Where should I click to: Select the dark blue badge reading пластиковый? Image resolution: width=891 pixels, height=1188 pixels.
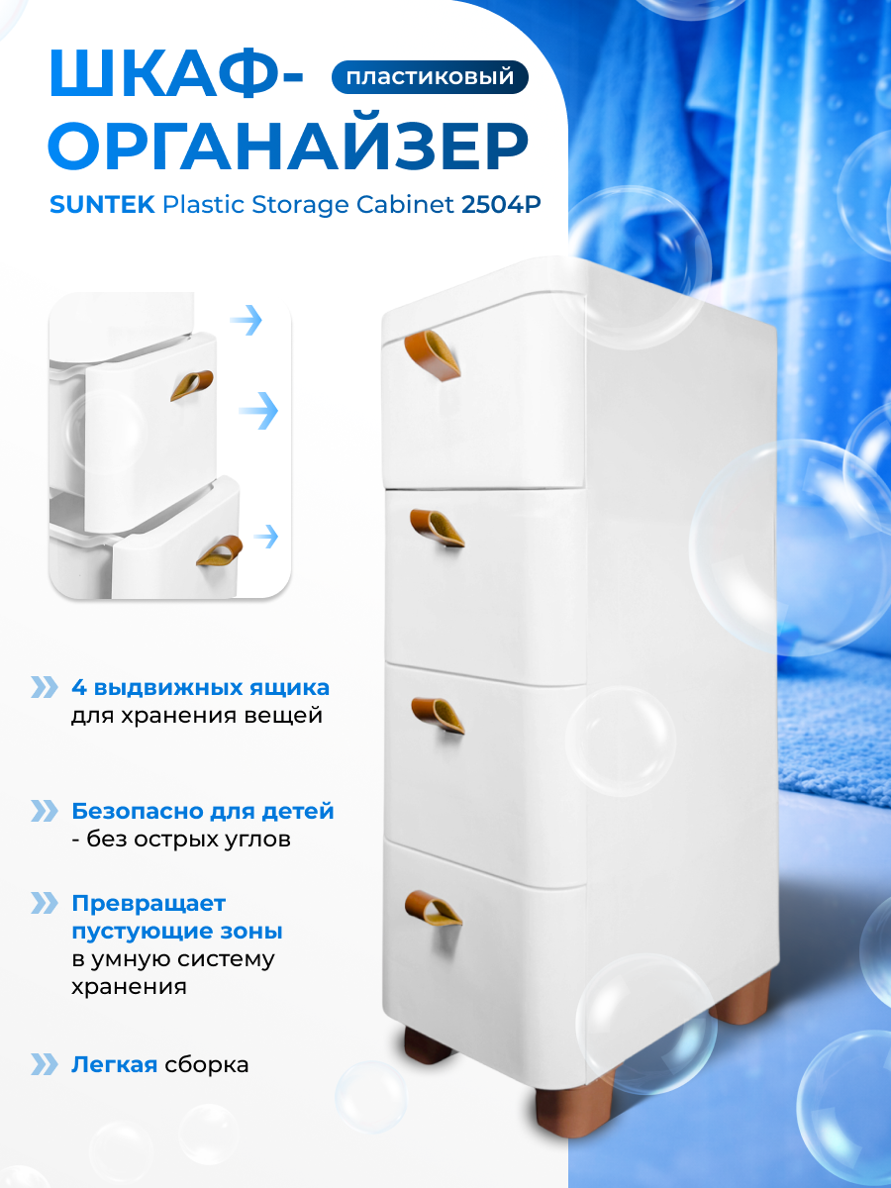[431, 77]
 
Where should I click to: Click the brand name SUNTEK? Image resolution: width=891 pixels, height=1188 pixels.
[101, 205]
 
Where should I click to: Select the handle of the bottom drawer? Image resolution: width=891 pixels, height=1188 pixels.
[434, 906]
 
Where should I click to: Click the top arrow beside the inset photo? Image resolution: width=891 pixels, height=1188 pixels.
[246, 320]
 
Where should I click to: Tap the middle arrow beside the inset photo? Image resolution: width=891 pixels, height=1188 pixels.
[258, 410]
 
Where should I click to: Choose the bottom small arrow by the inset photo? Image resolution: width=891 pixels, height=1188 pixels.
[265, 537]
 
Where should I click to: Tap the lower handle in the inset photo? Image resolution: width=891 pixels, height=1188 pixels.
[219, 550]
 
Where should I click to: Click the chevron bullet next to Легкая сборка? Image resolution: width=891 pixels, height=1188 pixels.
[45, 1065]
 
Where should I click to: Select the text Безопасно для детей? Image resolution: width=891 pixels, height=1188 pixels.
[203, 812]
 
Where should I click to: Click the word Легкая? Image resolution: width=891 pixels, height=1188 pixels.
[115, 1065]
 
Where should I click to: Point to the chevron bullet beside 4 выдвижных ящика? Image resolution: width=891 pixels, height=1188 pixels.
[45, 687]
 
